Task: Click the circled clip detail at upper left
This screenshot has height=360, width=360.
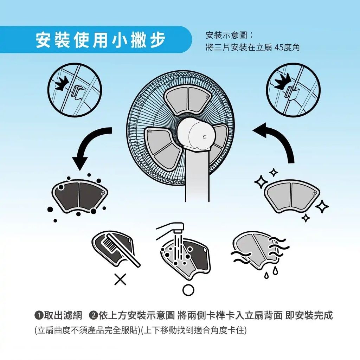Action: [x=74, y=91]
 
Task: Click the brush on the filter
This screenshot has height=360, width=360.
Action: [x=120, y=246]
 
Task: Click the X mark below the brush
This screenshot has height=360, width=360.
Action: [x=120, y=279]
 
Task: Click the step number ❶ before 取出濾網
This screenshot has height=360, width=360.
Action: [x=39, y=315]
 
